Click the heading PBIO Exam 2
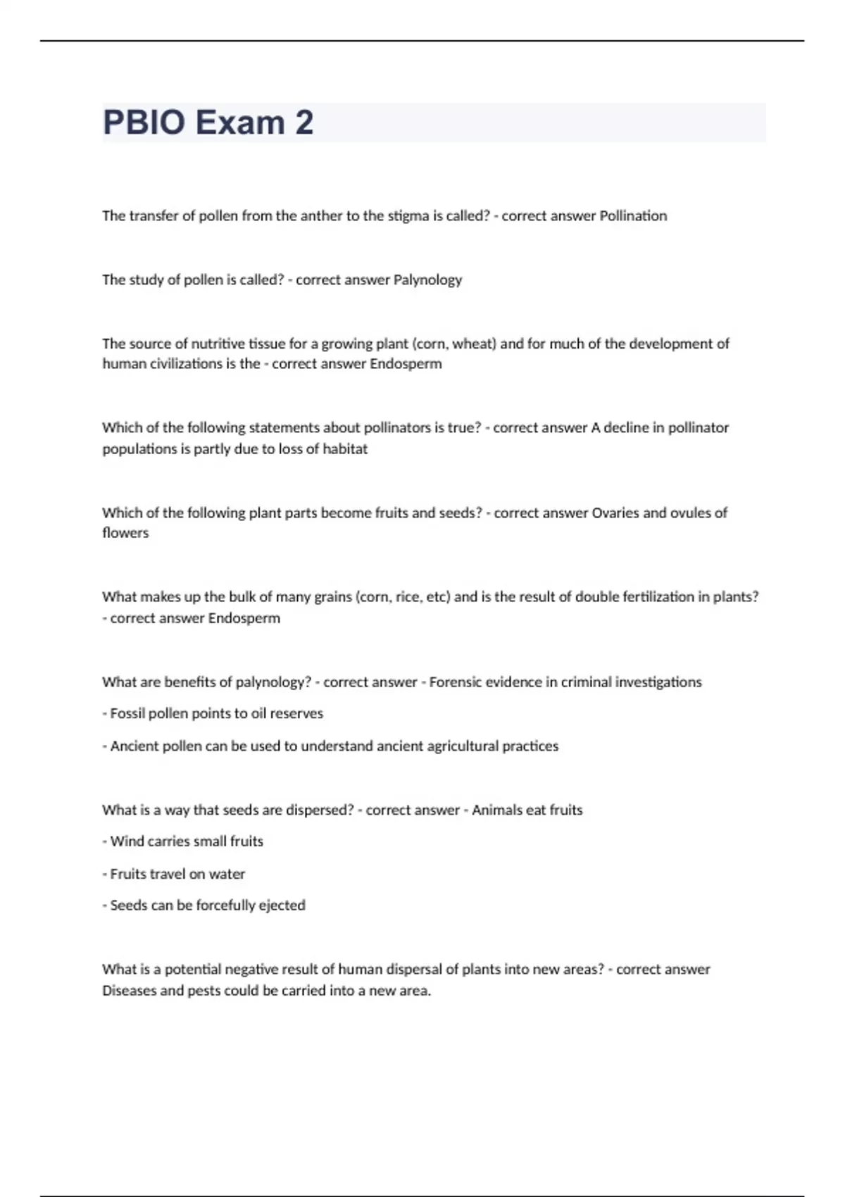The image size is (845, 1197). (208, 123)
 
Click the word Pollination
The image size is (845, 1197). (633, 216)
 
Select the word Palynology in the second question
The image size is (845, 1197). (427, 280)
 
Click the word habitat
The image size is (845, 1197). (345, 449)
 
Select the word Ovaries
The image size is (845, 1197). (615, 513)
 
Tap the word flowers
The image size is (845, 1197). (125, 533)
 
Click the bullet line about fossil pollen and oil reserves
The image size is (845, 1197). (213, 714)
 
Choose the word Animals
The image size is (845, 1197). (497, 810)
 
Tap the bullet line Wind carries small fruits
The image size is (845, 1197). (183, 841)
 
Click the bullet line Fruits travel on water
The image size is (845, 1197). (174, 874)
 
